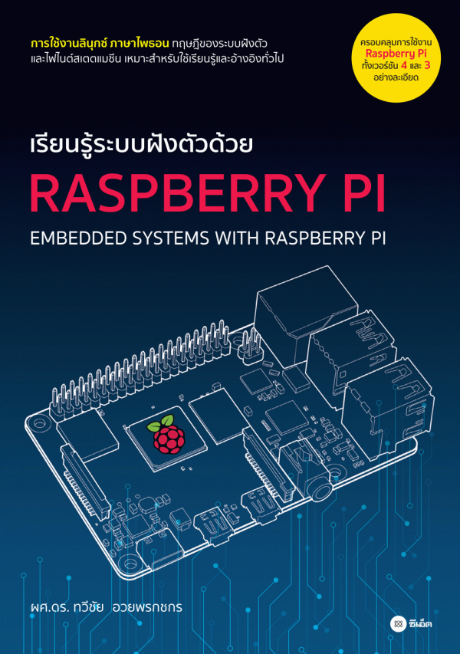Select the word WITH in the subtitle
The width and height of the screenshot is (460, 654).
tap(238, 238)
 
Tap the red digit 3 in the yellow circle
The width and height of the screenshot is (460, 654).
tap(426, 65)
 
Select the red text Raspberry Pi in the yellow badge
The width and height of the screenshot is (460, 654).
tap(396, 54)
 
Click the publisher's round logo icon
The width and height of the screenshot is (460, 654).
tap(398, 624)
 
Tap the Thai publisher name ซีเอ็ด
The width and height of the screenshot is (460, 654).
tap(420, 624)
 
